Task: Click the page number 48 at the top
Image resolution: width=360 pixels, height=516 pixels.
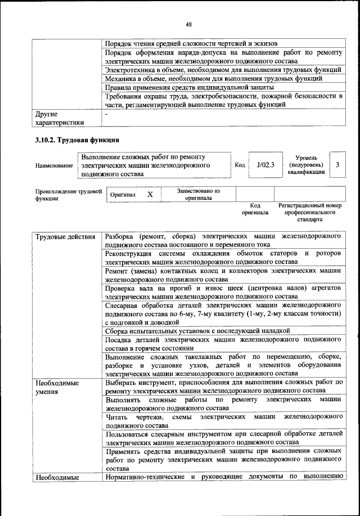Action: tap(188, 24)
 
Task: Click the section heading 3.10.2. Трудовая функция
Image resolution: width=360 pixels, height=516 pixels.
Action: tap(74, 139)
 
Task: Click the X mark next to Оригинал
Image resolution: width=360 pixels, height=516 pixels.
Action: tap(150, 194)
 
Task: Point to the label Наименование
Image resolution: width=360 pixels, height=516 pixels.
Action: tap(54, 166)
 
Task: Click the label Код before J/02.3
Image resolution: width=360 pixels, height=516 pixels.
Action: tap(239, 165)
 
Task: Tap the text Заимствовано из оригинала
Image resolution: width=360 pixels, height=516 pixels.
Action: tap(198, 194)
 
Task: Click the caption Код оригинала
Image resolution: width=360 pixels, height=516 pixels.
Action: tap(255, 209)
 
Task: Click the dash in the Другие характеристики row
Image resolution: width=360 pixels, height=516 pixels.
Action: tap(107, 114)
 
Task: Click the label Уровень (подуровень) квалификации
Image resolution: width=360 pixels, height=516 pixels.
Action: tap(306, 165)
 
